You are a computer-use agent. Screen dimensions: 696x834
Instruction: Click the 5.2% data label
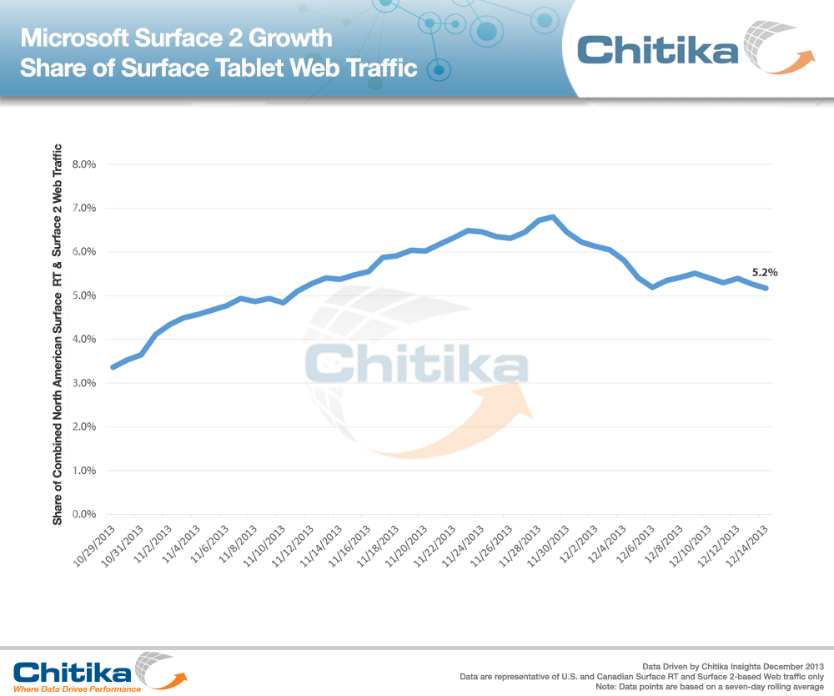click(x=766, y=272)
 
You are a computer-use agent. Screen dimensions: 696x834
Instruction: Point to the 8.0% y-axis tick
click(x=86, y=164)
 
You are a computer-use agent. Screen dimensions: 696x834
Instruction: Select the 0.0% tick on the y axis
click(x=86, y=514)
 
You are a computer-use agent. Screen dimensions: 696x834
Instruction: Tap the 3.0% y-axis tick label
click(x=86, y=383)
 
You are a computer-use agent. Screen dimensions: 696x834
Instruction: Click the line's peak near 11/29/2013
click(x=553, y=217)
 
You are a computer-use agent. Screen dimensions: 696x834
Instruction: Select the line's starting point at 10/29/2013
click(x=113, y=366)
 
